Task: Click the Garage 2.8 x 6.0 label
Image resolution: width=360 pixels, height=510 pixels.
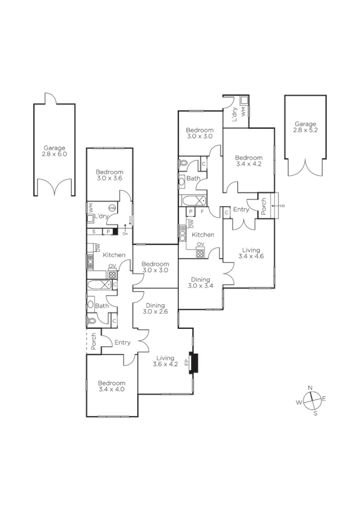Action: pos(54,151)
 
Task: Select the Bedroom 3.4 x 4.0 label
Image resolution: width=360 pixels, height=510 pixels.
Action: pos(112,386)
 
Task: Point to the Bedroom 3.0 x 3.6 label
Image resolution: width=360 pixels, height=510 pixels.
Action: pos(109,175)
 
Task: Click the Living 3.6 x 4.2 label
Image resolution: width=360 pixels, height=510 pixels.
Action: pos(165,360)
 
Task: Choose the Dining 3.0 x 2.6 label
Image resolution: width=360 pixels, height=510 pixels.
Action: pos(156,309)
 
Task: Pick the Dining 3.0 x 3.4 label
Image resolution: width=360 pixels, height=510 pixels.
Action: pos(200,283)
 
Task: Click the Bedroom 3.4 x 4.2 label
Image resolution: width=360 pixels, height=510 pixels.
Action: pos(249,161)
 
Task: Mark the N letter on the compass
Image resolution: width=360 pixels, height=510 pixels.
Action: pos(310,387)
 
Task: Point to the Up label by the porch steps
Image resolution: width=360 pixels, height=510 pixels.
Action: pos(282,206)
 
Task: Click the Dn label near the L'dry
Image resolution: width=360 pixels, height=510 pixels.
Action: pos(125,233)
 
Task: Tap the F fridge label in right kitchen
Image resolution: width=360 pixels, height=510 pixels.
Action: pos(202,212)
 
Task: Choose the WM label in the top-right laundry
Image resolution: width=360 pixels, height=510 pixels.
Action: pos(243,111)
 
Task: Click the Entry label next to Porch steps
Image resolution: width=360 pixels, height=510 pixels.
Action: pos(241,209)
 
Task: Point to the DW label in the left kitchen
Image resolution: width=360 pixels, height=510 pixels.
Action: pos(97,247)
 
